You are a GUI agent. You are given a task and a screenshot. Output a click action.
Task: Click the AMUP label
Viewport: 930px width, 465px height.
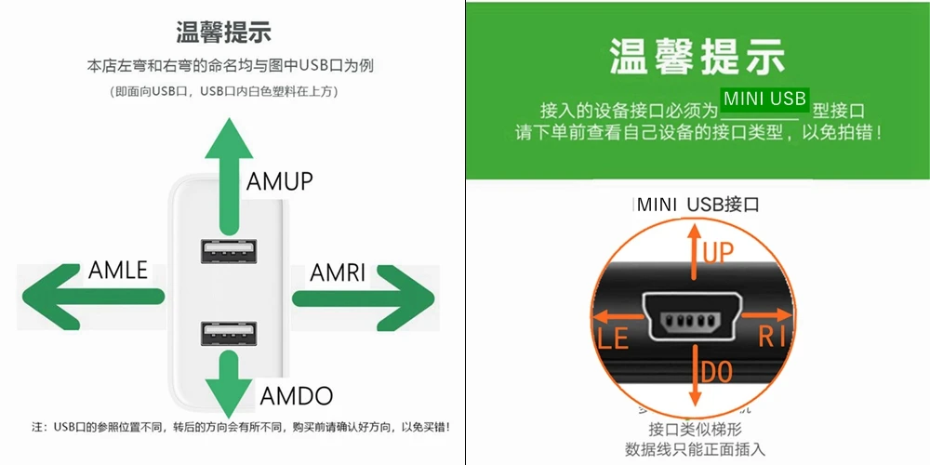click(x=280, y=180)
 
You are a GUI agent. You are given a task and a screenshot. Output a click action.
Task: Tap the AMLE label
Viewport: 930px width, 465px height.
click(x=118, y=271)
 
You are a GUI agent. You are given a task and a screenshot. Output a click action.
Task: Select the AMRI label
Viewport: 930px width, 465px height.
click(x=338, y=273)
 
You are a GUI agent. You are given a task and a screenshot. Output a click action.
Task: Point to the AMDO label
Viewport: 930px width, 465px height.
click(x=296, y=396)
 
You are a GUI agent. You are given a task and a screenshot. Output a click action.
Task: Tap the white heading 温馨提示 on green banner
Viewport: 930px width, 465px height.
click(x=697, y=55)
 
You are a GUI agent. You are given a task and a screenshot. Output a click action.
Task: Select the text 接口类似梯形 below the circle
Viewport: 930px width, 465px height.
click(x=697, y=430)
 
